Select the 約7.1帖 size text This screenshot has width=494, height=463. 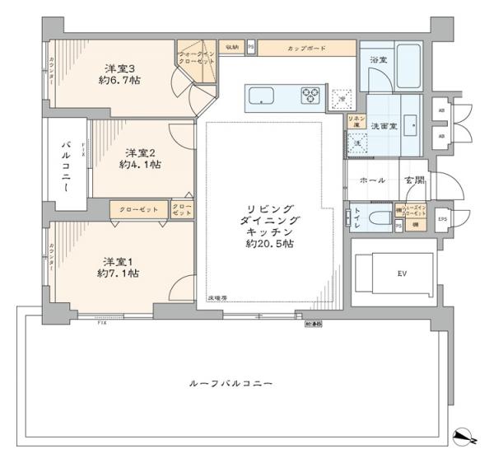tap(117, 273)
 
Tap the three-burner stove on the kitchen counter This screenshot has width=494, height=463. tap(312, 96)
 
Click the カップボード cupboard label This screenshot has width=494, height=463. tap(306, 49)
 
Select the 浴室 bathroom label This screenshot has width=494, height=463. tap(379, 61)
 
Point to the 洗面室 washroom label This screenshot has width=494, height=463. tap(385, 127)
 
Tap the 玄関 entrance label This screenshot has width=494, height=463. tap(412, 180)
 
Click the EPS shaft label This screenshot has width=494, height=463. tap(441, 218)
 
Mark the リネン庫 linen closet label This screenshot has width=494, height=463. tap(355, 122)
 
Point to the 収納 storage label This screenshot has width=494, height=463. tap(232, 49)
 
